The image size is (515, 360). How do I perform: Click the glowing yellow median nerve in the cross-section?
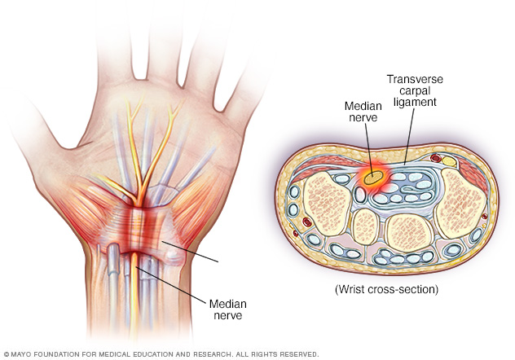coord(373,176)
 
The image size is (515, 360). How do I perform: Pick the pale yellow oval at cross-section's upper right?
coord(449,162)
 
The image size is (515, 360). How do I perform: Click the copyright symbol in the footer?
coord(7,354)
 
